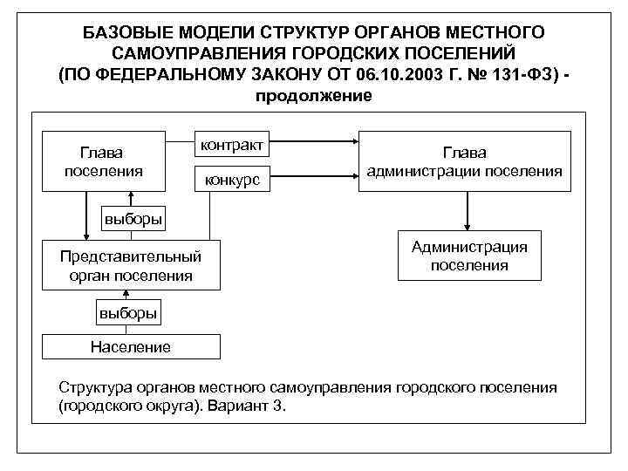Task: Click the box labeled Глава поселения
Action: click(104, 160)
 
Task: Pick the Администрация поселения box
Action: click(469, 256)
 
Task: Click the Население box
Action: click(130, 347)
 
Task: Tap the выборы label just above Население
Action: click(127, 311)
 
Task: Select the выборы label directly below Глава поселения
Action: click(132, 218)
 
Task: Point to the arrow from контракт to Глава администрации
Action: click(314, 142)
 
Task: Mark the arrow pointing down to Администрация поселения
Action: click(469, 211)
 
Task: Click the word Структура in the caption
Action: click(92, 386)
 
